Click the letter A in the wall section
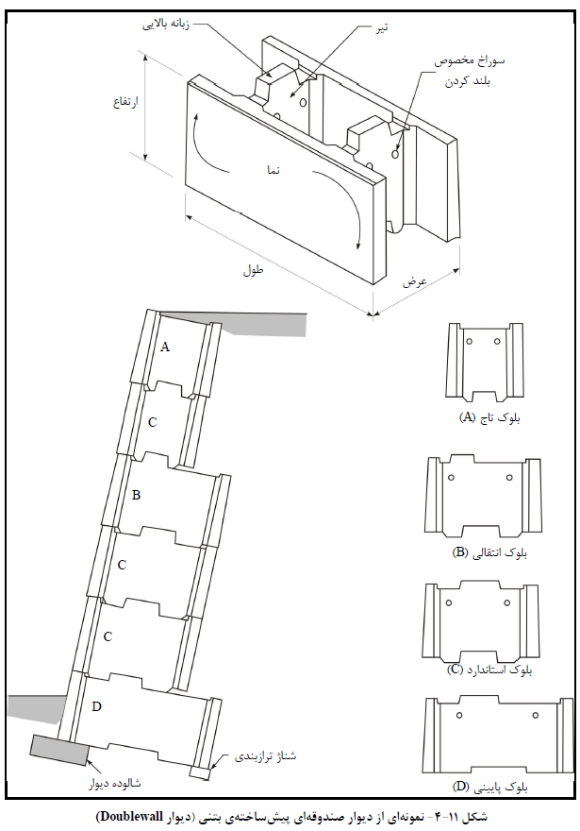pos(165,348)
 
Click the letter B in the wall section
pos(137,495)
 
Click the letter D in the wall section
pos(96,706)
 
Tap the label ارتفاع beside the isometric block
pos(125,101)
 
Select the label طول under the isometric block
pos(254,270)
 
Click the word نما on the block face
pos(273,170)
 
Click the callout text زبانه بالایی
pos(166,25)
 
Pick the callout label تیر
pos(380,26)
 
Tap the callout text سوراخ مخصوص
pos(470,61)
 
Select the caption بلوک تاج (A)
pos(489,418)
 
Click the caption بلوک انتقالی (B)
pos(490,552)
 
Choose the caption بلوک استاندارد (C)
pos(489,670)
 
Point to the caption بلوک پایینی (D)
pos(490,787)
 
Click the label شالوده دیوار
pos(115,783)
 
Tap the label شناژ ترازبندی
pos(265,756)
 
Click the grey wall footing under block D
pos(59,750)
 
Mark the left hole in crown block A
pos(469,341)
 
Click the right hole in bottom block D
pos(536,716)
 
